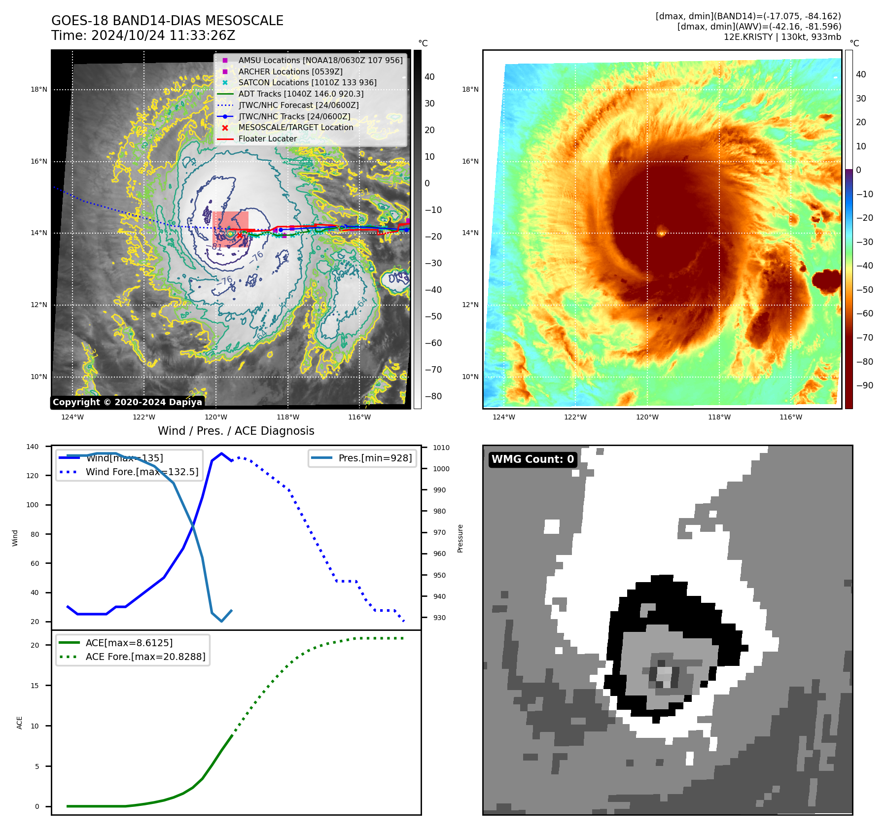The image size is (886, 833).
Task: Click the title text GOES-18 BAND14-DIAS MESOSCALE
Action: point(167,21)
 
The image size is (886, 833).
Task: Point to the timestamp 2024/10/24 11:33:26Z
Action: point(163,36)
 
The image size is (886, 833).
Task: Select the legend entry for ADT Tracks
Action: point(301,94)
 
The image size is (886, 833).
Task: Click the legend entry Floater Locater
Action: point(267,139)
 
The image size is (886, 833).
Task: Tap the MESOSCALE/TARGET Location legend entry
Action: point(296,127)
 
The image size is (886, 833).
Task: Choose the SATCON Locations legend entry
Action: point(307,82)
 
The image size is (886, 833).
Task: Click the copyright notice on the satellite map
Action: point(127,402)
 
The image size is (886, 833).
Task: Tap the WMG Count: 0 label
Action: point(532,459)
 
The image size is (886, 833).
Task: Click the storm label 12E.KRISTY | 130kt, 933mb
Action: point(782,37)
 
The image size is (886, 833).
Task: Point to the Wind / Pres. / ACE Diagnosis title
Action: point(236,431)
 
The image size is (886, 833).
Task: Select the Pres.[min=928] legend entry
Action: point(375,458)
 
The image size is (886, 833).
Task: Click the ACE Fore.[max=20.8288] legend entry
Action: point(145,657)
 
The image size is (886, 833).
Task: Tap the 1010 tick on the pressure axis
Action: point(441,448)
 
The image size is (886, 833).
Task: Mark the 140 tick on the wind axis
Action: point(33,447)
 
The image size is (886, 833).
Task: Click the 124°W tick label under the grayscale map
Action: point(72,417)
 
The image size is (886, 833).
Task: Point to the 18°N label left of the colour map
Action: point(470,89)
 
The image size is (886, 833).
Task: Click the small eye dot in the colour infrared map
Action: point(661,230)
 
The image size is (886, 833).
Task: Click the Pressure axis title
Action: point(460,538)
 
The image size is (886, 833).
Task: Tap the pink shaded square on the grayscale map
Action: point(230,229)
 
